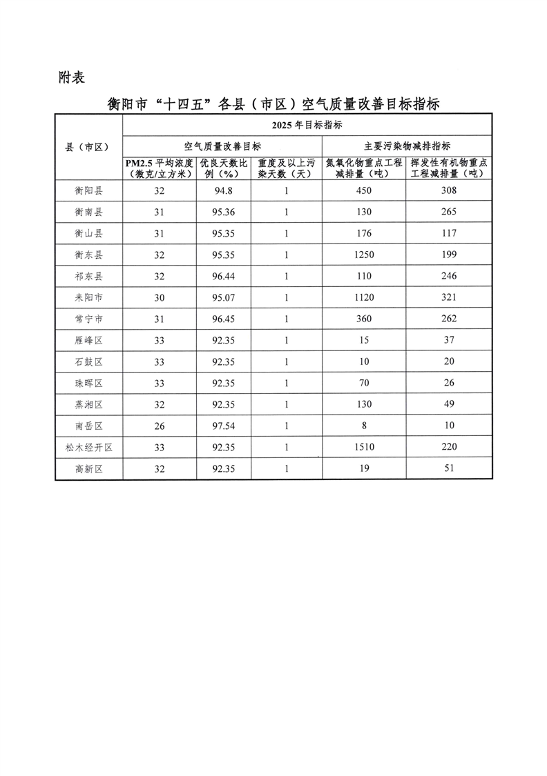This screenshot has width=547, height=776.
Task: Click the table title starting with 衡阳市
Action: (274, 104)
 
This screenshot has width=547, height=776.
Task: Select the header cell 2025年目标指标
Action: (307, 126)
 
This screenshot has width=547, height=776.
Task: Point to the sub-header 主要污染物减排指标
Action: (407, 146)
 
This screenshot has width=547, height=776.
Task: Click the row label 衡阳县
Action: (88, 190)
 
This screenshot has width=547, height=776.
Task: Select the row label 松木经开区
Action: (88, 448)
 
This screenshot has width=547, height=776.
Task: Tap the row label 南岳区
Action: (88, 426)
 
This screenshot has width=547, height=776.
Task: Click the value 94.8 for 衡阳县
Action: (223, 190)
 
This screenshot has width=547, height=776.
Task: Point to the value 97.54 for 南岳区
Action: (223, 426)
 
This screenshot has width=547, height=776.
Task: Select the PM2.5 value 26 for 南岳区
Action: (160, 426)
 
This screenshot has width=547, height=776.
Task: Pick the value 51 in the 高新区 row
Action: (449, 469)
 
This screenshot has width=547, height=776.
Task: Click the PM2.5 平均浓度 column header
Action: (160, 168)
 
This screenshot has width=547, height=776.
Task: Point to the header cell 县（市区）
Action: (88, 147)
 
